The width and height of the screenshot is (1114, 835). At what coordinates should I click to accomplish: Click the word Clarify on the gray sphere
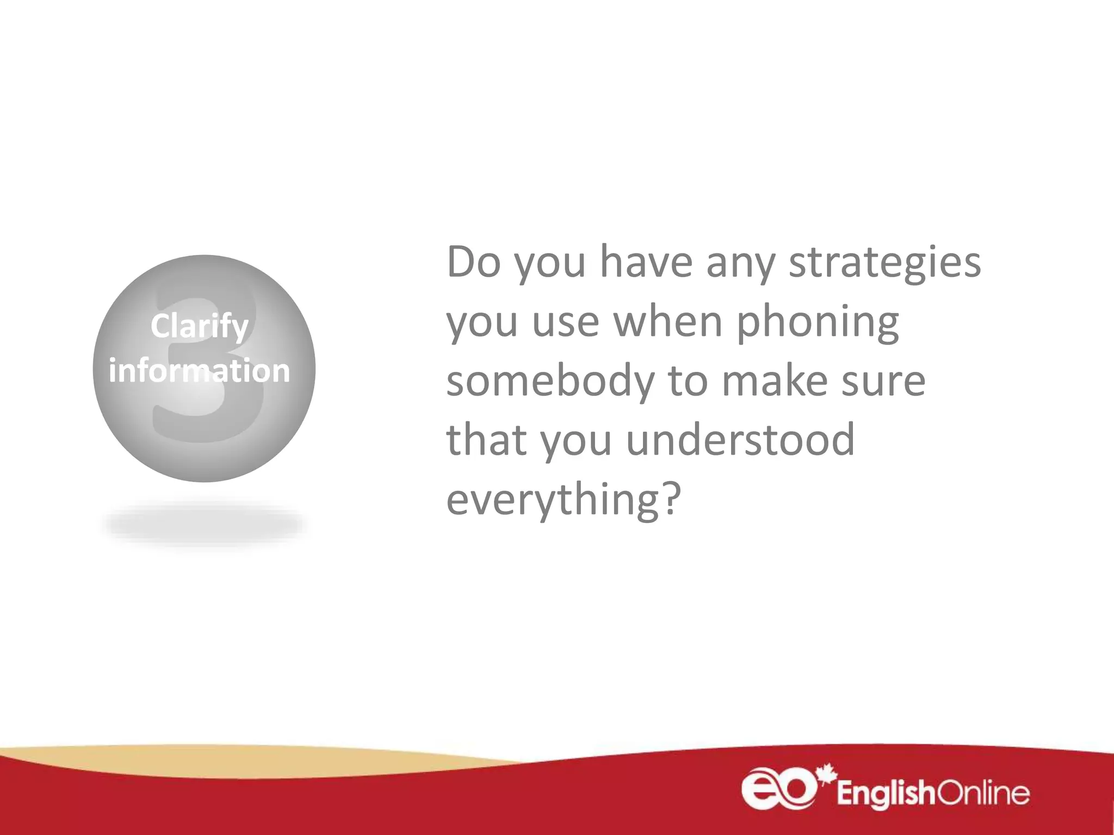[199, 327]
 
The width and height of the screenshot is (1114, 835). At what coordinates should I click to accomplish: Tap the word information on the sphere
[199, 371]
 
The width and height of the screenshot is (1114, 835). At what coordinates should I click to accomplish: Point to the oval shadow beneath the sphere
[204, 524]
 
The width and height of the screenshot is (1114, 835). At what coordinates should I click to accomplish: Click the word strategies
[884, 263]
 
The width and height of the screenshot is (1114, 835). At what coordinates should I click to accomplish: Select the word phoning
[818, 323]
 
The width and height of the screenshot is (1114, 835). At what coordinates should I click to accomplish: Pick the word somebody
[550, 383]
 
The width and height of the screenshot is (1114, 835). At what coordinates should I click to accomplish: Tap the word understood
[740, 440]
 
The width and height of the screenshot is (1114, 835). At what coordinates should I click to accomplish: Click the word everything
[554, 500]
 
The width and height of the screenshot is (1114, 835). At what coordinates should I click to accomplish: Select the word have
[646, 262]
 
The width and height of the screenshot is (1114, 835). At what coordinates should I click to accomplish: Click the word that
[486, 440]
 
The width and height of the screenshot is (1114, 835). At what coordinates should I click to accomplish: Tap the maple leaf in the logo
[826, 774]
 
